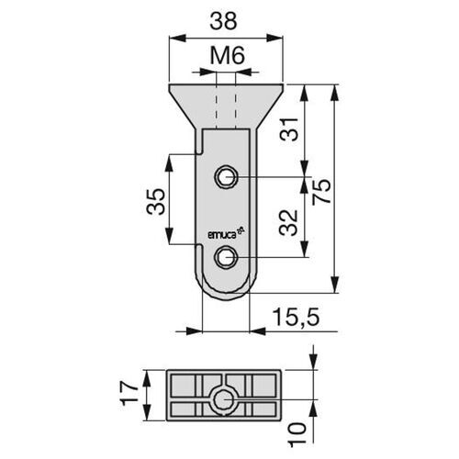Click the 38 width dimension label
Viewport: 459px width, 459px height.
pos(223,21)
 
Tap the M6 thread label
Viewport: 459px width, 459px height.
pos(228,56)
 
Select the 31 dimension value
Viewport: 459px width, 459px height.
pos(289,129)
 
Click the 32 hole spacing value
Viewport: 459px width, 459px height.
pos(288,222)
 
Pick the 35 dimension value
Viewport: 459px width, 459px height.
pos(156,202)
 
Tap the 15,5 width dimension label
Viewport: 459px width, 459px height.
pos(297,317)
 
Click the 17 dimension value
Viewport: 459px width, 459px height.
pos(129,393)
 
